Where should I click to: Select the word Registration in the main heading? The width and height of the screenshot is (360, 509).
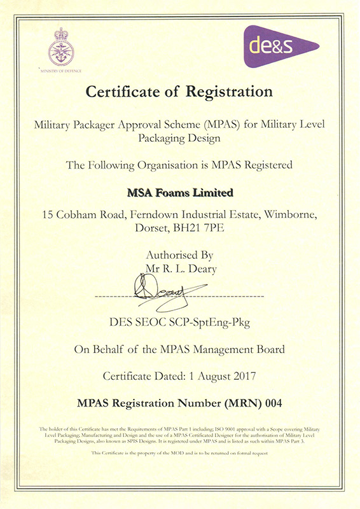tap(230, 92)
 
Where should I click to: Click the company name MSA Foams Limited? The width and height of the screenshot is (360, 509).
tap(179, 192)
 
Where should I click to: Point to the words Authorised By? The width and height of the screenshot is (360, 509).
tap(180, 256)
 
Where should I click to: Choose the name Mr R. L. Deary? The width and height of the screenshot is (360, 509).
tap(180, 269)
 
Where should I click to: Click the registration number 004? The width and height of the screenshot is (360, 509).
tap(270, 403)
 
